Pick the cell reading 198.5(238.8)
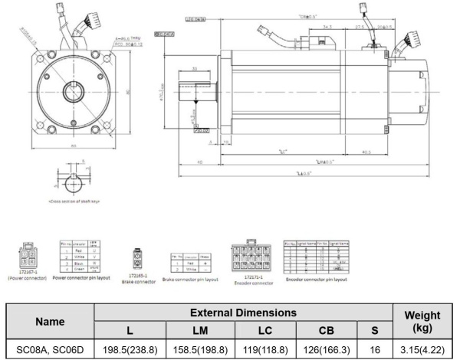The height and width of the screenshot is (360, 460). [x=127, y=350]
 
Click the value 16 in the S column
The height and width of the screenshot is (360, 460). [x=375, y=350]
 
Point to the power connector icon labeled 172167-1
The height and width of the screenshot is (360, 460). [x=26, y=255]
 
